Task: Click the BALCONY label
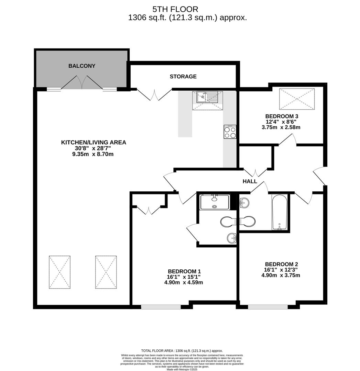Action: [x=82, y=66]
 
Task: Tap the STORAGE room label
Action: [x=183, y=76]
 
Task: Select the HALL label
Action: [x=250, y=181]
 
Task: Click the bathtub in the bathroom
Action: [x=280, y=212]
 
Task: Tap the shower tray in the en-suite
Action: [x=215, y=202]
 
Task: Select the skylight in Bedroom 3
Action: [x=297, y=99]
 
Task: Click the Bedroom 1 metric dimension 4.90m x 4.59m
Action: [x=184, y=282]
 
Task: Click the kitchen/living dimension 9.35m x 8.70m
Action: [x=93, y=154]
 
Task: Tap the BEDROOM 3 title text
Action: [x=282, y=116]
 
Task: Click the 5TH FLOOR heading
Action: [x=175, y=9]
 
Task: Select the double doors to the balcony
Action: [x=82, y=82]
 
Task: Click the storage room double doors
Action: [x=154, y=95]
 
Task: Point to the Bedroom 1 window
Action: [x=161, y=307]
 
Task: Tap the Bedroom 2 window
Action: [x=268, y=307]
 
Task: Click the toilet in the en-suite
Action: [x=228, y=222]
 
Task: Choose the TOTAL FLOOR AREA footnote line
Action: [x=182, y=351]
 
